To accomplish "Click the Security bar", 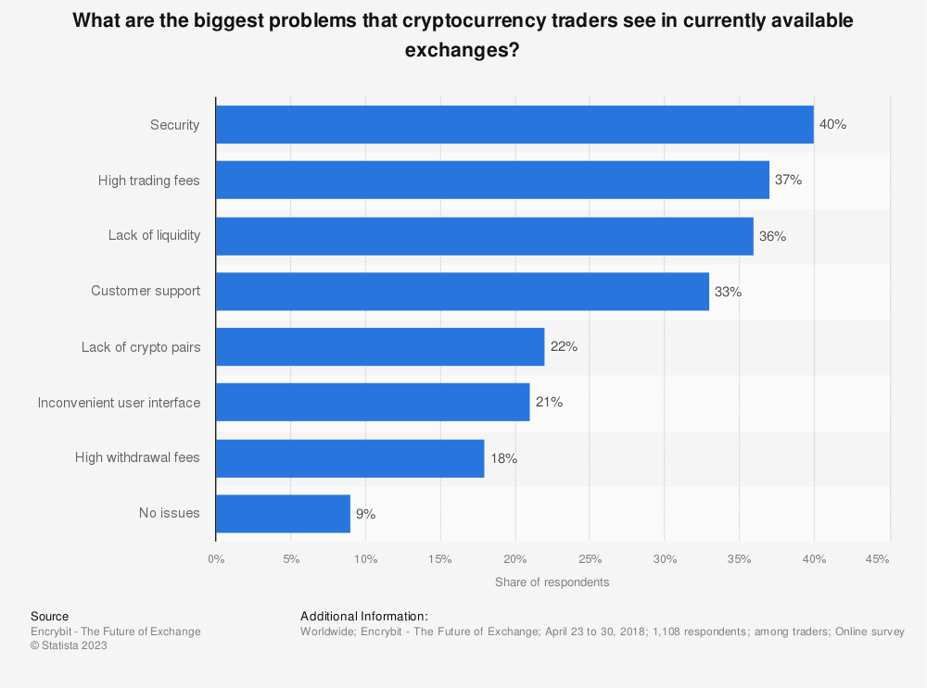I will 514,124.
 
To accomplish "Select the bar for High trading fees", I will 492,180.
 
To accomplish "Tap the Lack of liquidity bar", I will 485,235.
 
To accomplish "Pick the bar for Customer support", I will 463,291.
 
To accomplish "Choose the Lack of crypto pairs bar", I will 380,346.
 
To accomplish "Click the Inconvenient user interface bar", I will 373,402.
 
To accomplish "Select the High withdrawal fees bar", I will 350,457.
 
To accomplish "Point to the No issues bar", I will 283,513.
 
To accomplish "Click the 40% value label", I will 832,124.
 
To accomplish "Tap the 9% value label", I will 365,514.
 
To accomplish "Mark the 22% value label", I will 564,346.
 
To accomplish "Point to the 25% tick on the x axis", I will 590,559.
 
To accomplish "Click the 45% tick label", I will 877,559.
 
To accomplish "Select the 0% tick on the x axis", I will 216,559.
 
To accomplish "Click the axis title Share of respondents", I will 552,582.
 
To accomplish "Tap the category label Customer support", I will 146,291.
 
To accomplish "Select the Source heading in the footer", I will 50,616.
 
